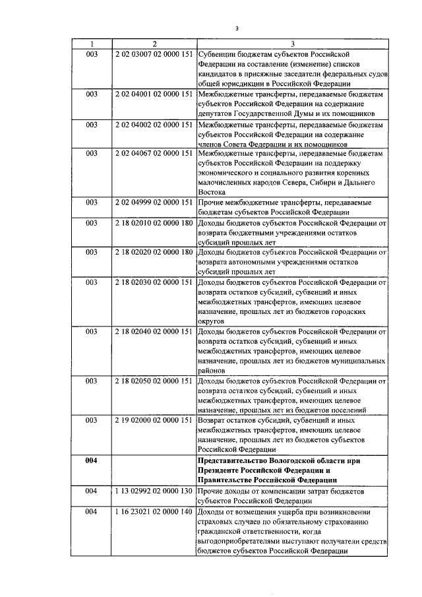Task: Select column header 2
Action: [154, 44]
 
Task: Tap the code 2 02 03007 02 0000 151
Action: [154, 54]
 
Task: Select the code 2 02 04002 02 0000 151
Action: [154, 124]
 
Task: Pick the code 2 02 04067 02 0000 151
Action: [154, 154]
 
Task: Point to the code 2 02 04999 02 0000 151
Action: [154, 203]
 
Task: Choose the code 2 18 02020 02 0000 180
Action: [154, 253]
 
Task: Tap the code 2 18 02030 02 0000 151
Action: [154, 282]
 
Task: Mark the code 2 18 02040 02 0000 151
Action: [154, 332]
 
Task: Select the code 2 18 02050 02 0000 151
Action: [154, 381]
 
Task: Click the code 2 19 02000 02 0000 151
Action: [154, 420]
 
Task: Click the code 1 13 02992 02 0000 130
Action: [154, 491]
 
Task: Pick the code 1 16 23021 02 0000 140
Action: [154, 511]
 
